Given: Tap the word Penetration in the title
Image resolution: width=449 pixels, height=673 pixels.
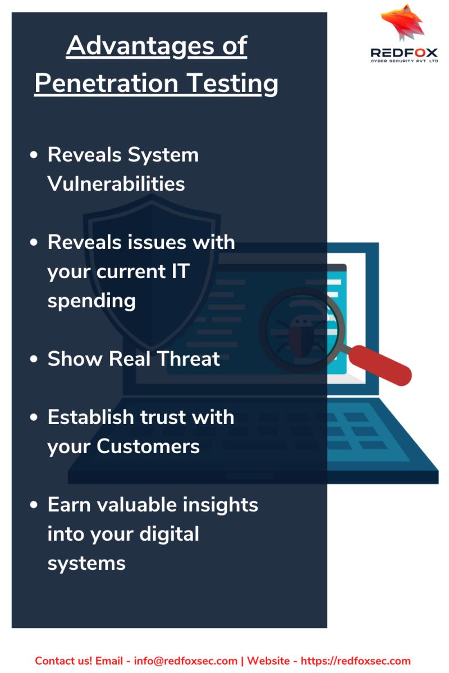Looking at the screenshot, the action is click(107, 83).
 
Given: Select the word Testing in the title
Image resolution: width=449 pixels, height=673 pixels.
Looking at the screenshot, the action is click(233, 84).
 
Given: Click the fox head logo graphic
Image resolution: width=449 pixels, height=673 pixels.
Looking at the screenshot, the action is click(402, 22).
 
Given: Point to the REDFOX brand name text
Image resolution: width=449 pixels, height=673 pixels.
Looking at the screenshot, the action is click(404, 53).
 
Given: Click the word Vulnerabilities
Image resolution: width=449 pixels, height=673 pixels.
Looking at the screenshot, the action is click(116, 183).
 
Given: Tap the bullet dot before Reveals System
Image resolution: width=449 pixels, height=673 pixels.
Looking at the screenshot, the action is click(34, 155).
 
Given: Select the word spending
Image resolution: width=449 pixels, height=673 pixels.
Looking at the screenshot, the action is click(91, 301).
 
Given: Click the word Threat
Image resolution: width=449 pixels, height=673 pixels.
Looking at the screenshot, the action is click(188, 358).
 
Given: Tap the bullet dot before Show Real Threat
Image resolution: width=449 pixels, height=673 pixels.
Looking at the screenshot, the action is click(34, 359).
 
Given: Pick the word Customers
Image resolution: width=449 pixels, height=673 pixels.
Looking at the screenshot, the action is click(148, 446).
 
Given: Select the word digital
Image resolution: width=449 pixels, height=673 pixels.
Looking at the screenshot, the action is click(169, 535).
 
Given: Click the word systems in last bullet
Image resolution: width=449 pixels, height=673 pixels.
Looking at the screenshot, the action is click(86, 564).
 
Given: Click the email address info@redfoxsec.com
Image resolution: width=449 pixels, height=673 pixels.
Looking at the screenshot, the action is click(186, 661).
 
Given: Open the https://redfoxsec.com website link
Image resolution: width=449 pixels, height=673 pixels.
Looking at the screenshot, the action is click(356, 661).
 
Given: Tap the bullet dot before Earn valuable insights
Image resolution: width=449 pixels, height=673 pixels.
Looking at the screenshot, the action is click(34, 505).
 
